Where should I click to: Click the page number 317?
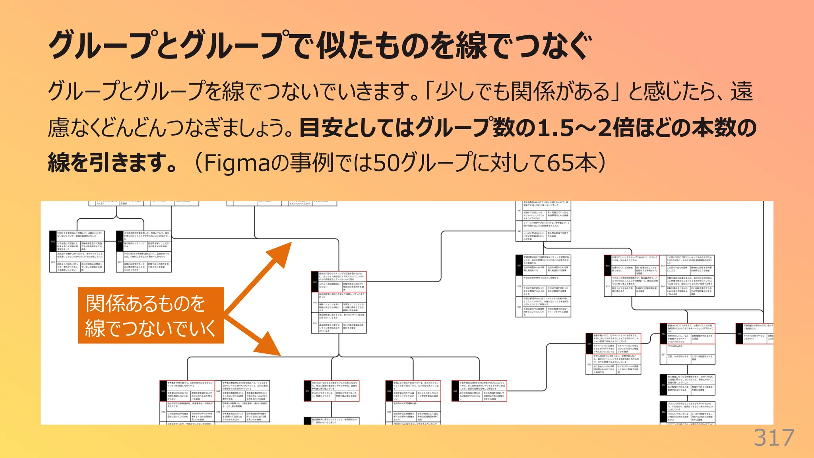(773, 438)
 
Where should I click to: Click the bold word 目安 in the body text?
(320, 128)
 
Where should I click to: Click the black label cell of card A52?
(315, 282)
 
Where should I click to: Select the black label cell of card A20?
(120, 241)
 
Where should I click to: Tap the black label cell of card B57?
(519, 265)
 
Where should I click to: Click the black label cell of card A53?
(663, 334)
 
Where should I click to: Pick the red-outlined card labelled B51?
(331, 390)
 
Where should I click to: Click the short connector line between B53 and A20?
(116, 217)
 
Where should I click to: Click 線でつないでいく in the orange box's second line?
(151, 328)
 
